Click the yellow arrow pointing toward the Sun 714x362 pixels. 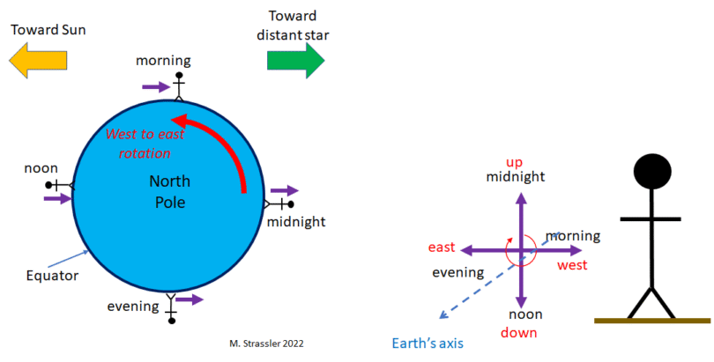(38, 60)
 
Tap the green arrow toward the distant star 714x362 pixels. (295, 60)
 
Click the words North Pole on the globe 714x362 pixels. (169, 191)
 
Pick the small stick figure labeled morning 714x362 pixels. (179, 86)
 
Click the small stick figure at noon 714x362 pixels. (60, 185)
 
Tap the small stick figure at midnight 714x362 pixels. (279, 204)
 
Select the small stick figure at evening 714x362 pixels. (171, 308)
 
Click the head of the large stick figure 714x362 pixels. (652, 172)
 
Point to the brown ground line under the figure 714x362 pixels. (652, 321)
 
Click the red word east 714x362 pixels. (442, 247)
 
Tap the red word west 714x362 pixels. (572, 265)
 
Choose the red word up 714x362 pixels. (515, 162)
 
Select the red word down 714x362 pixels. (518, 332)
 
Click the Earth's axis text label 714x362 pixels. (428, 343)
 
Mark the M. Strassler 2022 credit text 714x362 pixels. (266, 344)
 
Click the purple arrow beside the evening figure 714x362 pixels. (190, 299)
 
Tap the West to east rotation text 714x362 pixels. (145, 144)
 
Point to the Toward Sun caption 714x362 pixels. (48, 30)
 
